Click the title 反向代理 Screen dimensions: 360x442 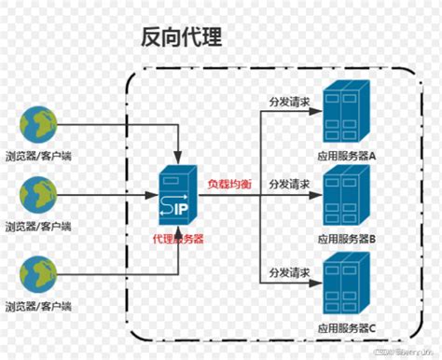[181, 38]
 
